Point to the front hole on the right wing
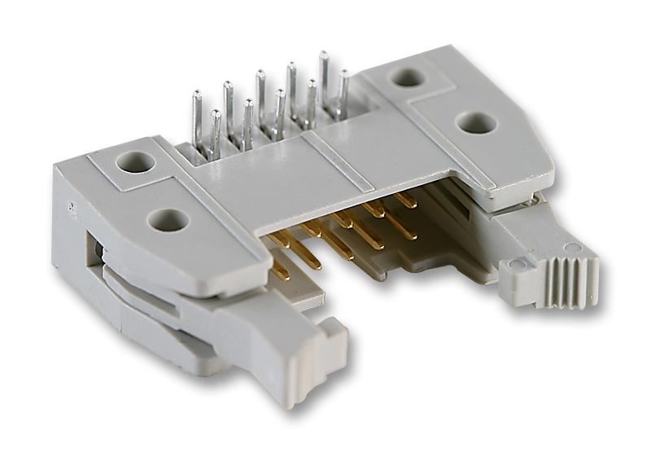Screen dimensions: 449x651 pos(475,123)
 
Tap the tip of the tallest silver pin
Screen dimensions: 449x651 pos(323,55)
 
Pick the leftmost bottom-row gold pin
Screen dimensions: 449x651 pos(278,268)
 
